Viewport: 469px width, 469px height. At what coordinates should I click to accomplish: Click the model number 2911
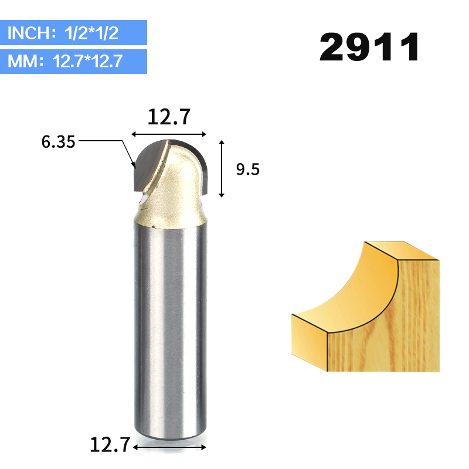coord(369,47)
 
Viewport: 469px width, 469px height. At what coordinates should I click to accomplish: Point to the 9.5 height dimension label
coord(247,169)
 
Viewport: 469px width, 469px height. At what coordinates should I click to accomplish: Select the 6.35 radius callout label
coord(58,142)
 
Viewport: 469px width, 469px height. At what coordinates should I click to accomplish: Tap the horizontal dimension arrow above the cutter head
coord(170,134)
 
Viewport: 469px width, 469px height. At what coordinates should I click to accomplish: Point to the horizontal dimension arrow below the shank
coord(170,447)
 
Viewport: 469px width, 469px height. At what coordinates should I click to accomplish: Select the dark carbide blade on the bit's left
coord(147,167)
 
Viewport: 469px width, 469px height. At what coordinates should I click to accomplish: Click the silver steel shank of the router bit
coord(170,328)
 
